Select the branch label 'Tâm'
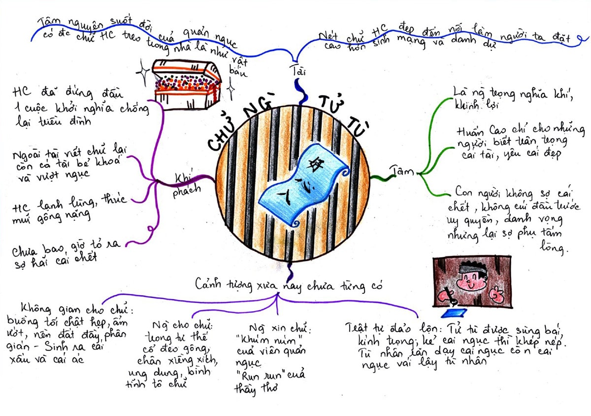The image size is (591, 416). coord(401,171)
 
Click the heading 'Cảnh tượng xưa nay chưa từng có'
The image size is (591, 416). coord(288,284)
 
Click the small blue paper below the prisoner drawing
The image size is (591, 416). coord(453,313)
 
